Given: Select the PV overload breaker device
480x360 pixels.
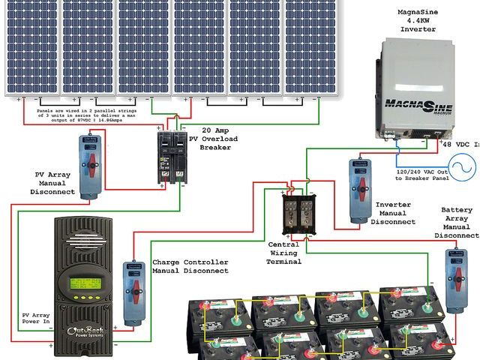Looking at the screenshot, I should point(170,158).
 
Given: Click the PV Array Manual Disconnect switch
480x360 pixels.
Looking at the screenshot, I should point(90,167).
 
